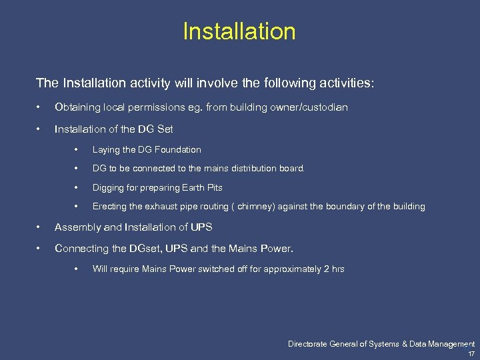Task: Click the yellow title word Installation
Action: [x=239, y=31]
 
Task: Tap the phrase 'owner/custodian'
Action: [x=311, y=107]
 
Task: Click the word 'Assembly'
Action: [x=75, y=227]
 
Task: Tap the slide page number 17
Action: [x=471, y=353]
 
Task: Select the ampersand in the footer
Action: [x=405, y=344]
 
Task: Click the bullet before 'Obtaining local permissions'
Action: [x=40, y=107]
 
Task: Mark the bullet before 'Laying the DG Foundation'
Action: [x=78, y=150]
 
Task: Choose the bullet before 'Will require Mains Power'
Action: [x=78, y=269]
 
